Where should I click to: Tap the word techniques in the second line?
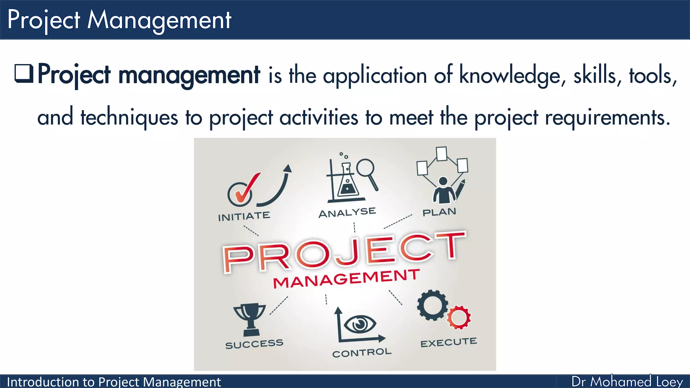click(129, 118)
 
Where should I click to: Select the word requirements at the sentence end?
click(607, 118)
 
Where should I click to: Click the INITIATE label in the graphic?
click(244, 216)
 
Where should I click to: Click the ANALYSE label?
click(347, 213)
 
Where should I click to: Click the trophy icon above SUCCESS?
click(250, 318)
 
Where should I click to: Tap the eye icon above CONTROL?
click(360, 324)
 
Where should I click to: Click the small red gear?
click(459, 317)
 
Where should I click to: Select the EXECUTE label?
click(448, 343)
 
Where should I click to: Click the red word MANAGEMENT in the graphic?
click(346, 279)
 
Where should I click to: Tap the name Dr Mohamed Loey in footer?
click(627, 382)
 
